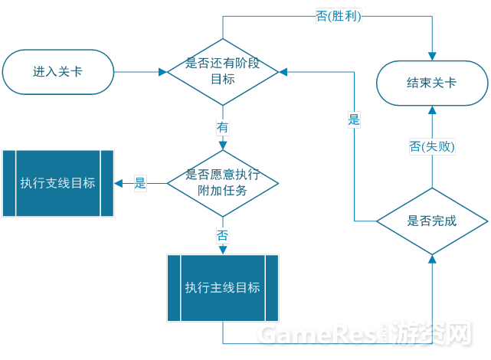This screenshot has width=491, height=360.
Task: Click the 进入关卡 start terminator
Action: tap(58, 72)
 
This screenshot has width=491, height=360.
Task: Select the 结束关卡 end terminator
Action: tap(432, 83)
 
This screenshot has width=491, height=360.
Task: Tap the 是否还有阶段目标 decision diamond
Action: tap(223, 72)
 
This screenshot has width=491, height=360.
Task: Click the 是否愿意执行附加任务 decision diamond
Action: tap(223, 183)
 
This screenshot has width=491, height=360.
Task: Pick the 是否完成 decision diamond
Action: tap(432, 221)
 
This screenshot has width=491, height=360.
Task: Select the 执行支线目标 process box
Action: tap(58, 183)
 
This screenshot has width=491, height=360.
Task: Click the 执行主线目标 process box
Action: tap(223, 288)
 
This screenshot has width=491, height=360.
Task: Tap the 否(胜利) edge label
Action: tap(339, 16)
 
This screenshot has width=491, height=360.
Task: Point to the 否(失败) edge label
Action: tap(432, 146)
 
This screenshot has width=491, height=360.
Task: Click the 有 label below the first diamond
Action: tap(223, 127)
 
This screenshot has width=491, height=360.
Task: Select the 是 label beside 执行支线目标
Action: tap(140, 183)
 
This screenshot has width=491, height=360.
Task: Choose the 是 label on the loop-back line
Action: tap(354, 119)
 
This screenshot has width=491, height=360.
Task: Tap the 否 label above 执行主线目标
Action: tap(223, 235)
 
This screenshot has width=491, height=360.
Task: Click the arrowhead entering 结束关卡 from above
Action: tap(432, 57)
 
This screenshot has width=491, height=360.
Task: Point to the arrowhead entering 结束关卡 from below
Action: tap(432, 110)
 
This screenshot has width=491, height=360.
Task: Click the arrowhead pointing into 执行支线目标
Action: tap(119, 183)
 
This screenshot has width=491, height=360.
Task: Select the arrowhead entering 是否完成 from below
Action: tap(432, 259)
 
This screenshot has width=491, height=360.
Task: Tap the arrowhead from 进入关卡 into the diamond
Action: tap(163, 72)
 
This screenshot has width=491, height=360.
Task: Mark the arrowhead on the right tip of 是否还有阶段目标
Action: tap(283, 72)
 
